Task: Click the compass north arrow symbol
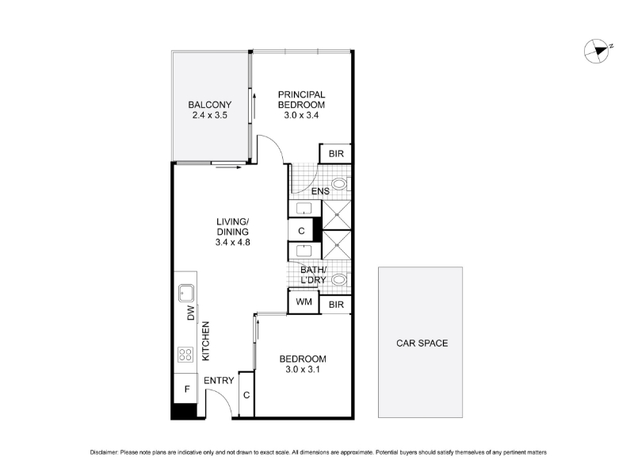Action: click(x=597, y=51)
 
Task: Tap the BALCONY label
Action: click(x=209, y=105)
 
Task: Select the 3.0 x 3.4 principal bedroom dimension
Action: click(x=301, y=115)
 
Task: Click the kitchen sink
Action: click(x=186, y=293)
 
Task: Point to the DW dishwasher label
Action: click(x=191, y=313)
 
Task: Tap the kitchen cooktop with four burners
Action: click(x=185, y=355)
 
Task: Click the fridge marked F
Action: click(x=187, y=389)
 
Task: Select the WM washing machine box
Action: click(x=304, y=301)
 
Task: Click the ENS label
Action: click(x=320, y=191)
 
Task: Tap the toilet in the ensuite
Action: click(x=341, y=184)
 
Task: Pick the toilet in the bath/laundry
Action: click(x=341, y=279)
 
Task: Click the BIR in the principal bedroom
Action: click(x=335, y=154)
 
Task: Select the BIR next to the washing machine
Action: click(x=335, y=305)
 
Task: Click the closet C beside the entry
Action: click(x=246, y=394)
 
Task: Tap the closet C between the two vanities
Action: click(x=301, y=231)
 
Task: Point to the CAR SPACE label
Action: click(x=422, y=344)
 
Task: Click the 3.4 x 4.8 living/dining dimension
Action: click(x=232, y=243)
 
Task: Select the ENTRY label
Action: click(x=219, y=381)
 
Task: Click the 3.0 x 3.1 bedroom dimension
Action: click(x=303, y=369)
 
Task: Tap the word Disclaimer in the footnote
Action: click(x=105, y=452)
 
